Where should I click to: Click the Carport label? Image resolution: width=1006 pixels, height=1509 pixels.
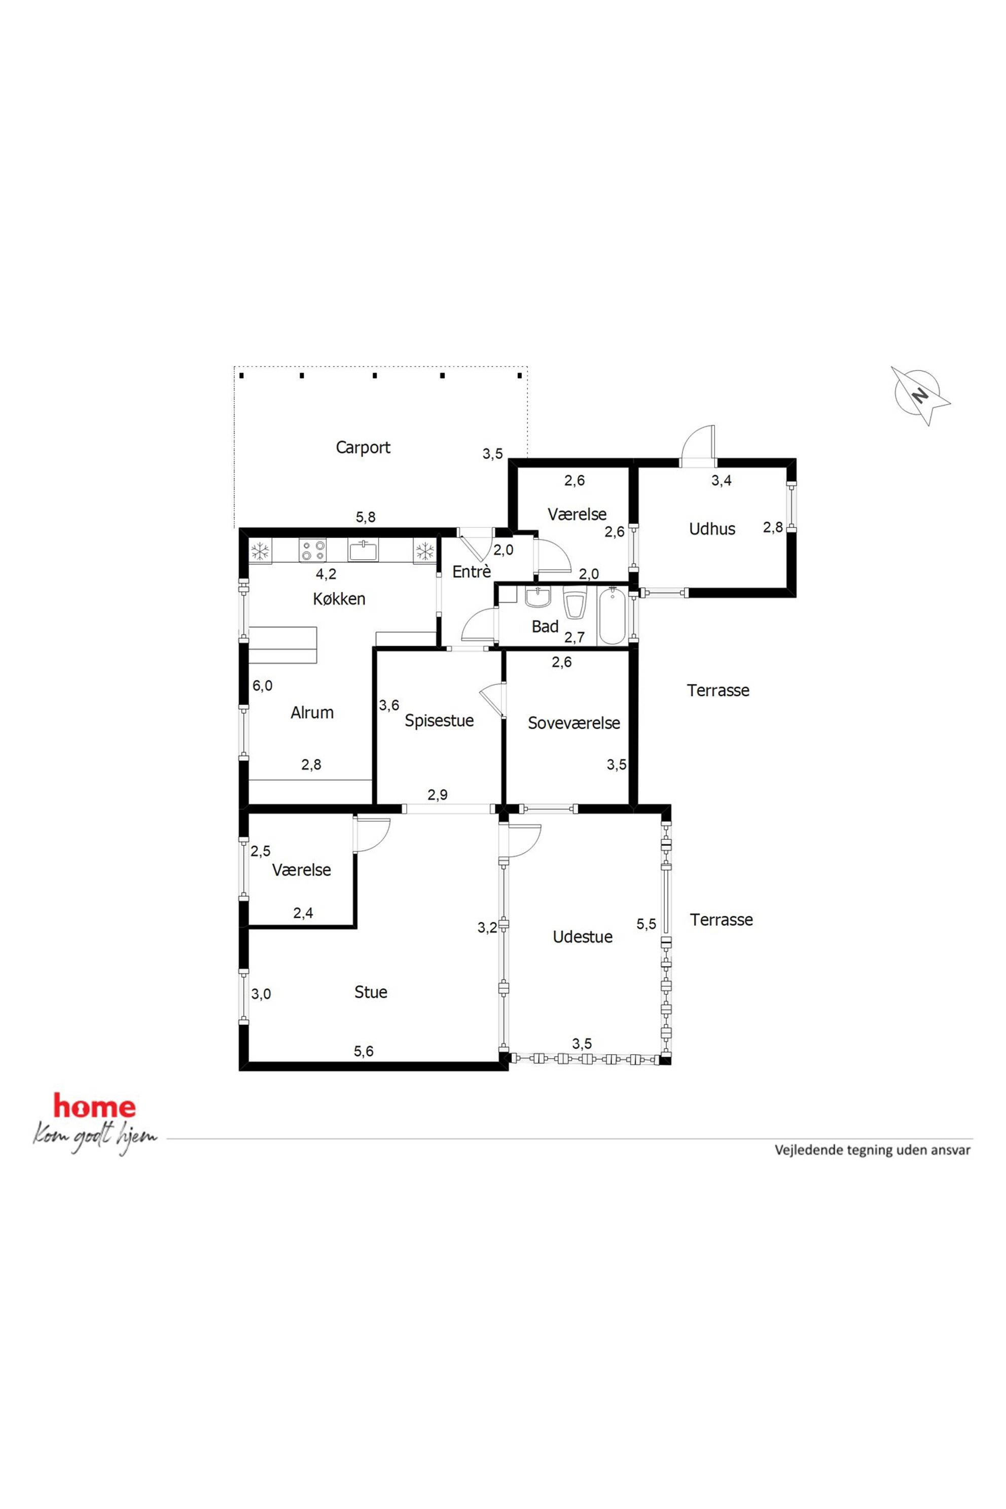click(363, 447)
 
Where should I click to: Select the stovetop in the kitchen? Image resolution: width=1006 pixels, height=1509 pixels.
click(312, 551)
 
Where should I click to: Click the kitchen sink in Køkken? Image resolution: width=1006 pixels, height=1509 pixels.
click(363, 551)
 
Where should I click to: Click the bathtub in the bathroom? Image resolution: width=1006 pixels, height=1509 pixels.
click(612, 616)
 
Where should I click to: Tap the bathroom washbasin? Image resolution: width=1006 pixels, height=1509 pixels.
click(537, 597)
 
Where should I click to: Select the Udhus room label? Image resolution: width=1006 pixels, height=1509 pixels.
click(712, 529)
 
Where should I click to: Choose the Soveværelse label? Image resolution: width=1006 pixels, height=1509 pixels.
click(573, 723)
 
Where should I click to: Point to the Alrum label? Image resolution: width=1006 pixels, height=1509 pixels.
click(312, 712)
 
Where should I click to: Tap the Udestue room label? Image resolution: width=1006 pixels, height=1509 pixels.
click(583, 937)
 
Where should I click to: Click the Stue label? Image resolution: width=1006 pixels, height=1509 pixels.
click(371, 992)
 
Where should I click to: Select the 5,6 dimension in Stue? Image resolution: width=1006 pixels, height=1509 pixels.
click(363, 1051)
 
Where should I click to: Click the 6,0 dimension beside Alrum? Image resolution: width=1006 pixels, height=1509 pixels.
click(263, 685)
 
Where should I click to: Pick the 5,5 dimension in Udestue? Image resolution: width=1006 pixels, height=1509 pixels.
click(646, 924)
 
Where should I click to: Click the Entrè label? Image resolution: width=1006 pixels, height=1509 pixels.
click(472, 571)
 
